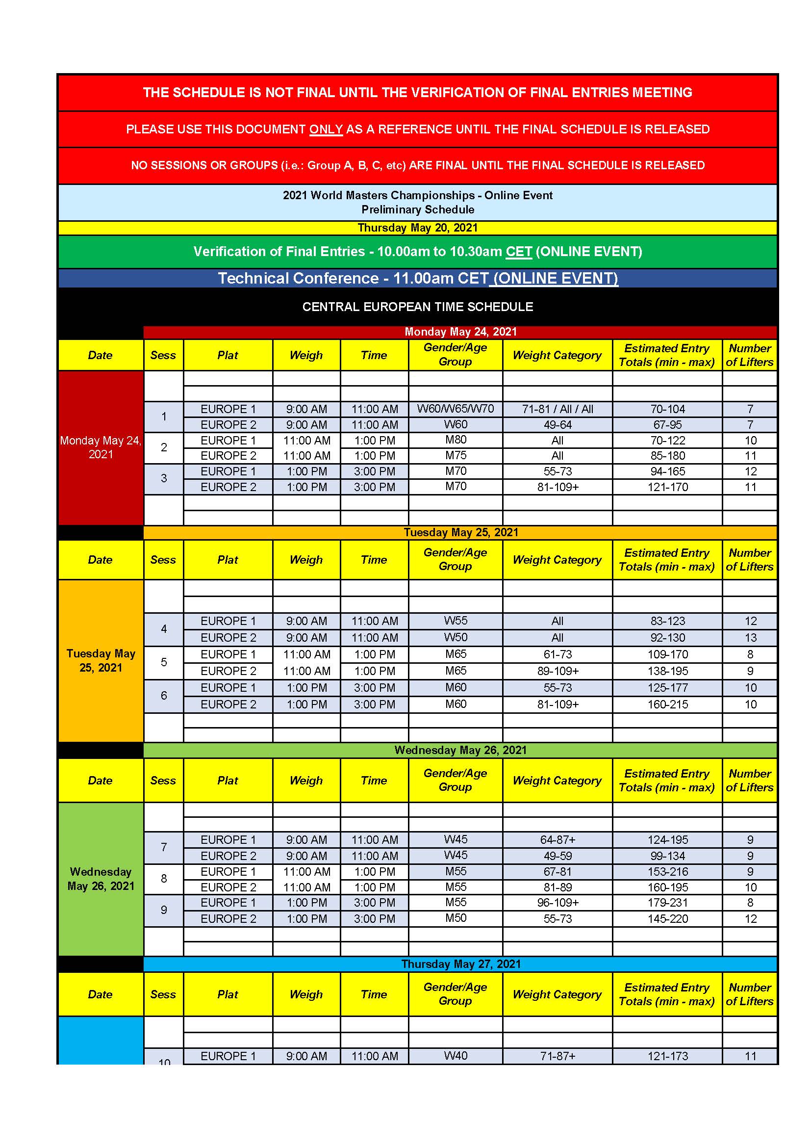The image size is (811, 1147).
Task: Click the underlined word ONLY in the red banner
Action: (326, 130)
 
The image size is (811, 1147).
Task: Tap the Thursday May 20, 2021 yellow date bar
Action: (417, 228)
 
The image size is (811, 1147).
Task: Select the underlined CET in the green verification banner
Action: (518, 251)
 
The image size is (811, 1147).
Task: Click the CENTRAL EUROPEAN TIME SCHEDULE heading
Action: (417, 307)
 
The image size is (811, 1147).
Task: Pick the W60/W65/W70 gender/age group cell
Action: (455, 409)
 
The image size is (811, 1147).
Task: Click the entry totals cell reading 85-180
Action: (667, 456)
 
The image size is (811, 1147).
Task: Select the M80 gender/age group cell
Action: (455, 440)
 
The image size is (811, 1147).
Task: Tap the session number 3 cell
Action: (164, 479)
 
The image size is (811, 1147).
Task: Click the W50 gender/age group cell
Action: (455, 637)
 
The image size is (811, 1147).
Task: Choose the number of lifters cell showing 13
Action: (750, 638)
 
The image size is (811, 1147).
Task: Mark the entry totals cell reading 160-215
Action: (667, 704)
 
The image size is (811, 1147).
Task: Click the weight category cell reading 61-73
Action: (558, 654)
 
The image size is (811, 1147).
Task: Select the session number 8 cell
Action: (164, 879)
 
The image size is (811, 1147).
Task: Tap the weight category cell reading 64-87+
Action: (558, 840)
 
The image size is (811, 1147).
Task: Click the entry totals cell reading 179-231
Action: (667, 903)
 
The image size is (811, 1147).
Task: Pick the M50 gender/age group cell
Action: (455, 918)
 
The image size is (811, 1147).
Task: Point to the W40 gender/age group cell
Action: (455, 1056)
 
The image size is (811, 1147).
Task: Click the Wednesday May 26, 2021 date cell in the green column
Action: (101, 879)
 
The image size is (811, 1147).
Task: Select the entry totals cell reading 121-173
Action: (667, 1056)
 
